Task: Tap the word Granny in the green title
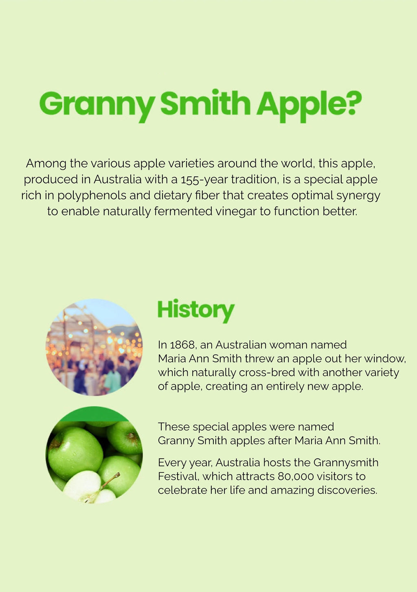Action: [x=97, y=106]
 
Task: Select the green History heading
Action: [x=196, y=311]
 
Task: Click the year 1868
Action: [x=182, y=345]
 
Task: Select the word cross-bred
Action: [x=267, y=372]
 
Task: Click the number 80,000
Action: [x=296, y=476]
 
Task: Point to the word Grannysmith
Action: [x=346, y=463]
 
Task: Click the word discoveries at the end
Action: [x=347, y=490]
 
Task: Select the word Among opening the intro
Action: [x=46, y=164]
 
